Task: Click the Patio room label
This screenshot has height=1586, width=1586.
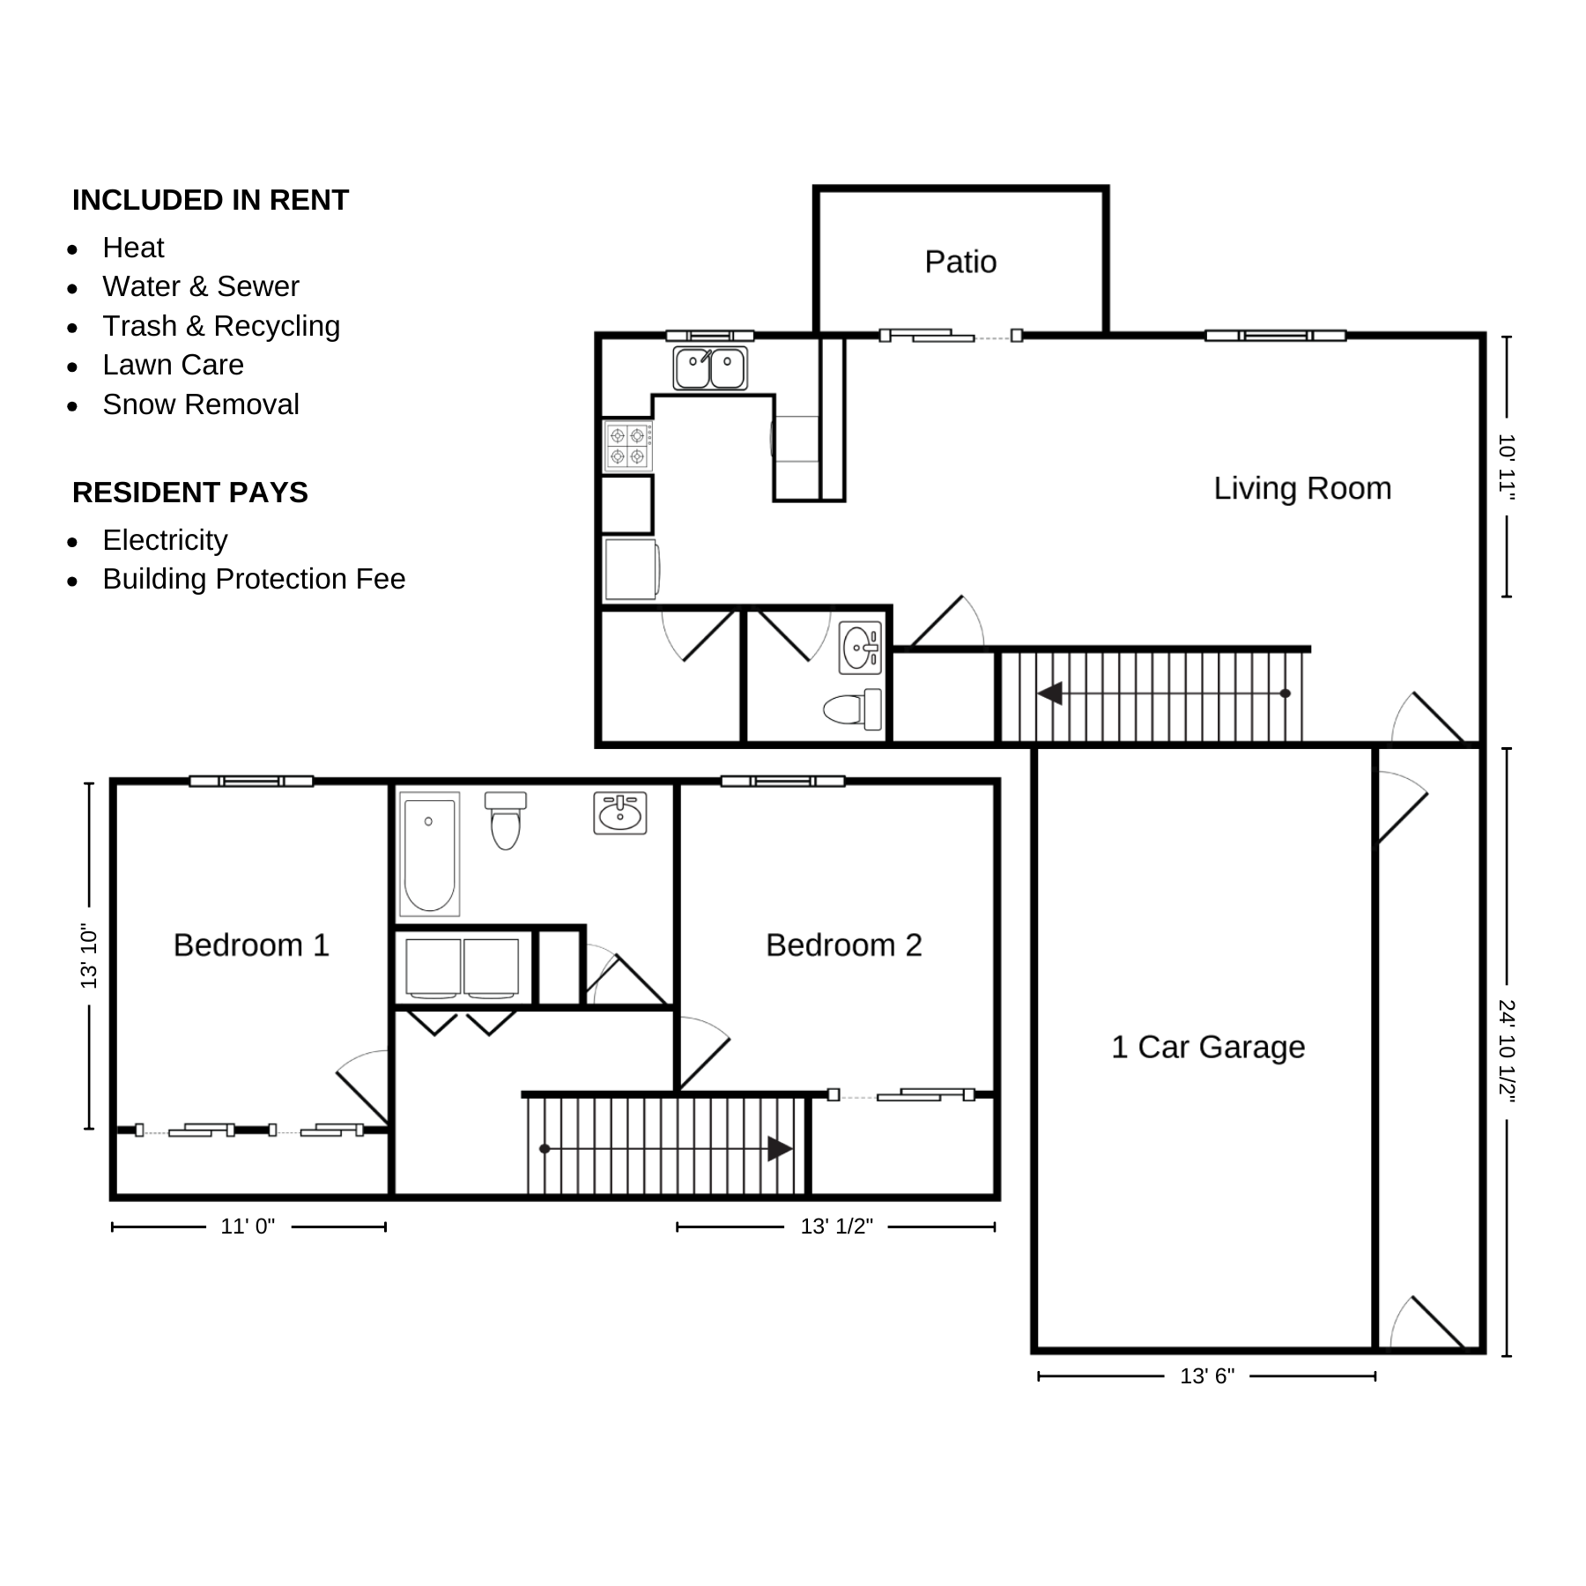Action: (960, 262)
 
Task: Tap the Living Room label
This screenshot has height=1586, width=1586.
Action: (1302, 488)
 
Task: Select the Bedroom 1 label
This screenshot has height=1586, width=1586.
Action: (251, 945)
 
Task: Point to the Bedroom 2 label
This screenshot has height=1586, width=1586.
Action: (843, 945)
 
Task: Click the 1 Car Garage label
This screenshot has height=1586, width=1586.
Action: (1208, 1047)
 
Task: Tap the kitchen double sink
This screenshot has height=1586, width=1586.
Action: (710, 368)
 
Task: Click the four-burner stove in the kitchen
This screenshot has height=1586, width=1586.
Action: (627, 446)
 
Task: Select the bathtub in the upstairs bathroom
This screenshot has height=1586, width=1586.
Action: (429, 854)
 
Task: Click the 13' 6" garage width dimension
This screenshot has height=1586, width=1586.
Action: (1207, 1376)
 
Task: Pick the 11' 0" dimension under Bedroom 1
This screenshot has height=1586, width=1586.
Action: (248, 1227)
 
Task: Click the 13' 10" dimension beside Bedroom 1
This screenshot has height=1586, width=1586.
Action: (89, 956)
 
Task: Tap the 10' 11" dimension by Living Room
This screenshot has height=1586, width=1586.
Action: (1506, 467)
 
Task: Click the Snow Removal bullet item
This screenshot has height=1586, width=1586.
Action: (200, 404)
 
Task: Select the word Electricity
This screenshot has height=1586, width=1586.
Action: (165, 540)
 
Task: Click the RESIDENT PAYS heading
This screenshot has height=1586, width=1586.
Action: (190, 493)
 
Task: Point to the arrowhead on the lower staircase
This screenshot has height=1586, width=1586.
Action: (779, 1149)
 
